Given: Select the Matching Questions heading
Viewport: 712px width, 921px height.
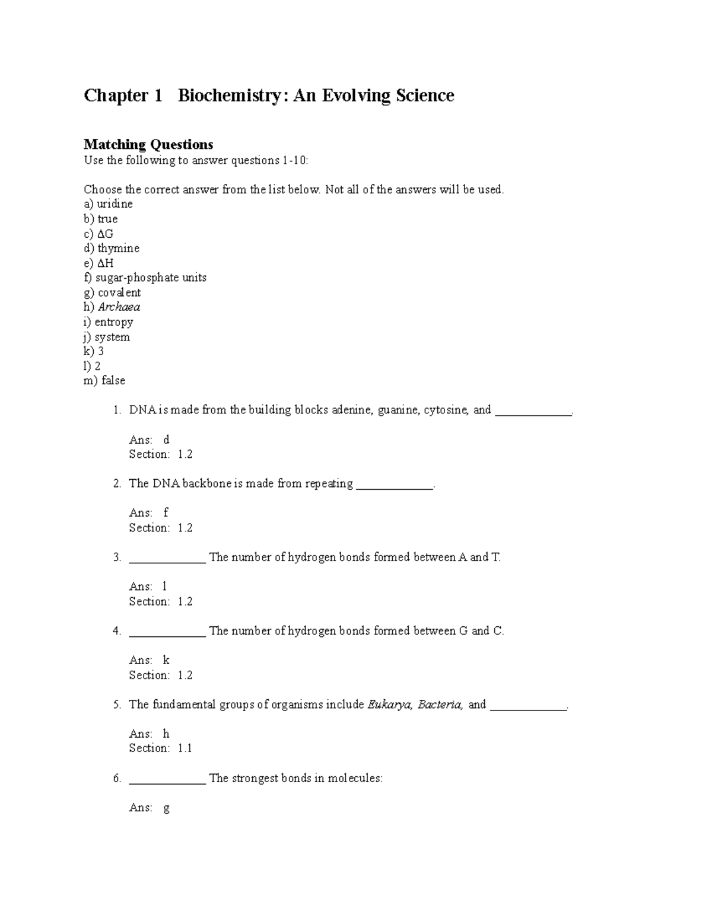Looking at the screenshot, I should coord(148,145).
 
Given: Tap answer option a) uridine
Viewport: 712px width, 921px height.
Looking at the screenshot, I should coord(108,204).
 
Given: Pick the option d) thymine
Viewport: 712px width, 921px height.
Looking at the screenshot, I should coord(112,248).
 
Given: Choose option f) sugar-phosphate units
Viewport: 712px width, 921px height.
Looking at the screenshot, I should coord(145,278).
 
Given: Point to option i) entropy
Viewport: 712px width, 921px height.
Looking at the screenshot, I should coord(108,322).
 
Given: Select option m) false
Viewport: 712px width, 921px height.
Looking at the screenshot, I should coord(104,381).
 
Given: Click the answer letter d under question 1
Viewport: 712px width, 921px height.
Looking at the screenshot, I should coord(166,439).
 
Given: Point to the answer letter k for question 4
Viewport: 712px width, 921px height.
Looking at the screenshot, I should coord(166,660).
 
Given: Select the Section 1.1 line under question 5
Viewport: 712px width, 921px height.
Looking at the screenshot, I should coord(160,748).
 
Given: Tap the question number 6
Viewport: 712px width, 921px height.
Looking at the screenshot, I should coord(117,778).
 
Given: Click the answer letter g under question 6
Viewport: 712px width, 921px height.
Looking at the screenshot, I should coord(166,808).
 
